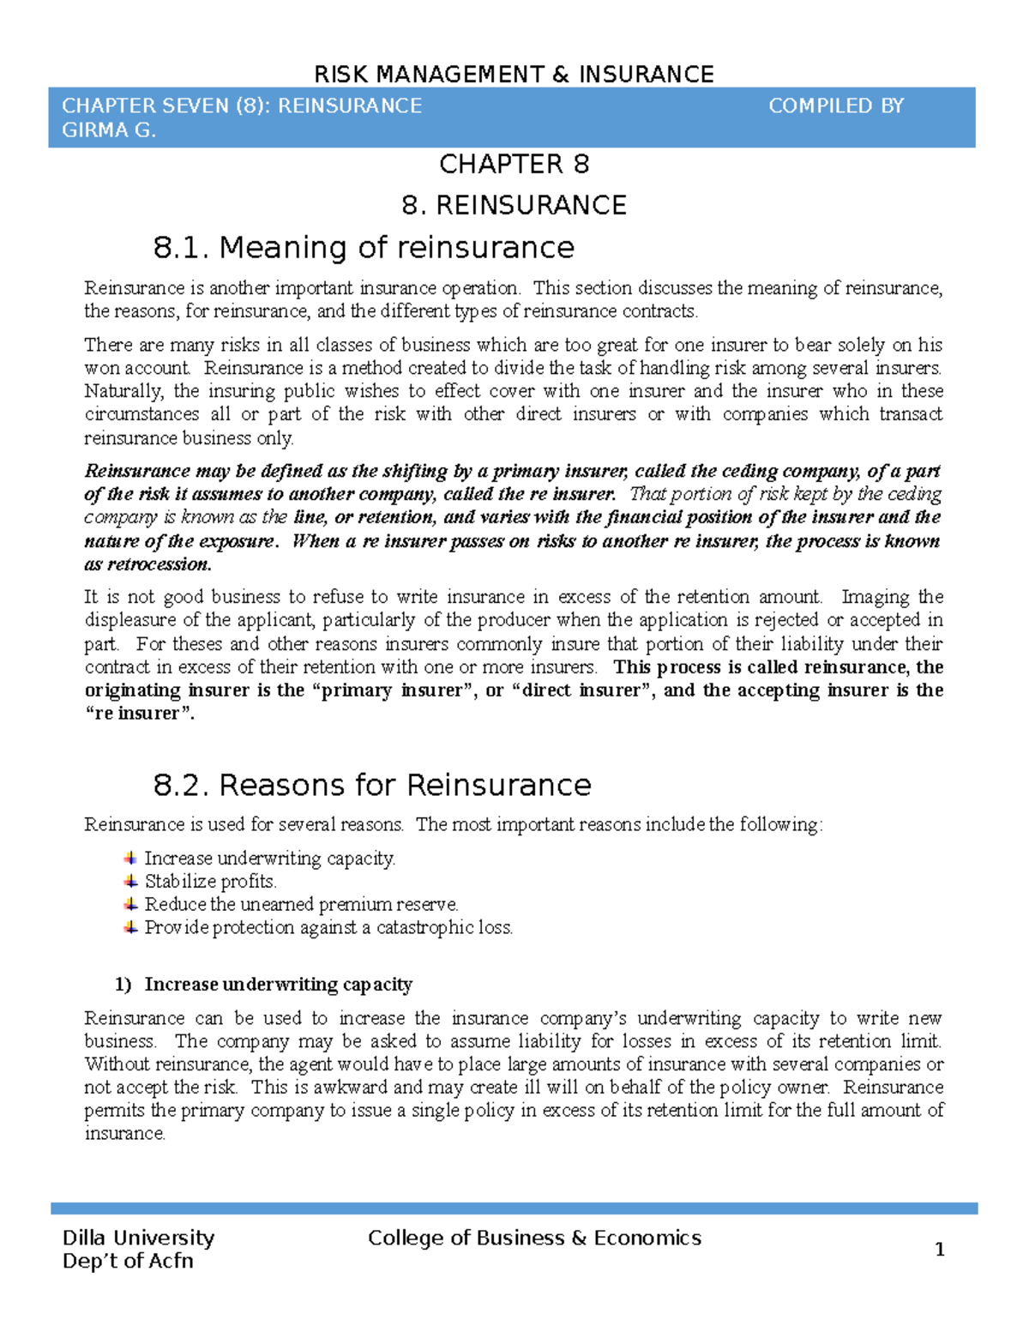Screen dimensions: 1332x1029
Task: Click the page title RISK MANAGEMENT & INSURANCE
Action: pyautogui.click(x=514, y=75)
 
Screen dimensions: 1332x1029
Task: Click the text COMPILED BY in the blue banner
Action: pyautogui.click(x=836, y=106)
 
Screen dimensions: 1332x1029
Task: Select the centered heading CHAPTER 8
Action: pyautogui.click(x=514, y=164)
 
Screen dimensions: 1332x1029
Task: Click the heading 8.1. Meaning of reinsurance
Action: pyautogui.click(x=364, y=248)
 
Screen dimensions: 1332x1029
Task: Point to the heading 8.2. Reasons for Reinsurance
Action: pyautogui.click(x=372, y=786)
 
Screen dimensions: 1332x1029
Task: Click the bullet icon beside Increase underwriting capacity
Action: pyautogui.click(x=130, y=858)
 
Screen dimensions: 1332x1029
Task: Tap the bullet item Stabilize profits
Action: pyautogui.click(x=210, y=882)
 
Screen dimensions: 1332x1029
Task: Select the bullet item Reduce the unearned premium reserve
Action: pyautogui.click(x=301, y=905)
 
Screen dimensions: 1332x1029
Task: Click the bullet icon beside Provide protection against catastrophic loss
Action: pyautogui.click(x=130, y=927)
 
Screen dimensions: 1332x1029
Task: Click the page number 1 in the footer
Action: pyautogui.click(x=939, y=1250)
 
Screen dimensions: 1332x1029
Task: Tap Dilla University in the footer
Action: pyautogui.click(x=138, y=1238)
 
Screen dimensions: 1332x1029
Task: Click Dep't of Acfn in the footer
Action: pyautogui.click(x=128, y=1261)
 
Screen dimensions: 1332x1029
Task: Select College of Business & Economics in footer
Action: pyautogui.click(x=534, y=1238)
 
